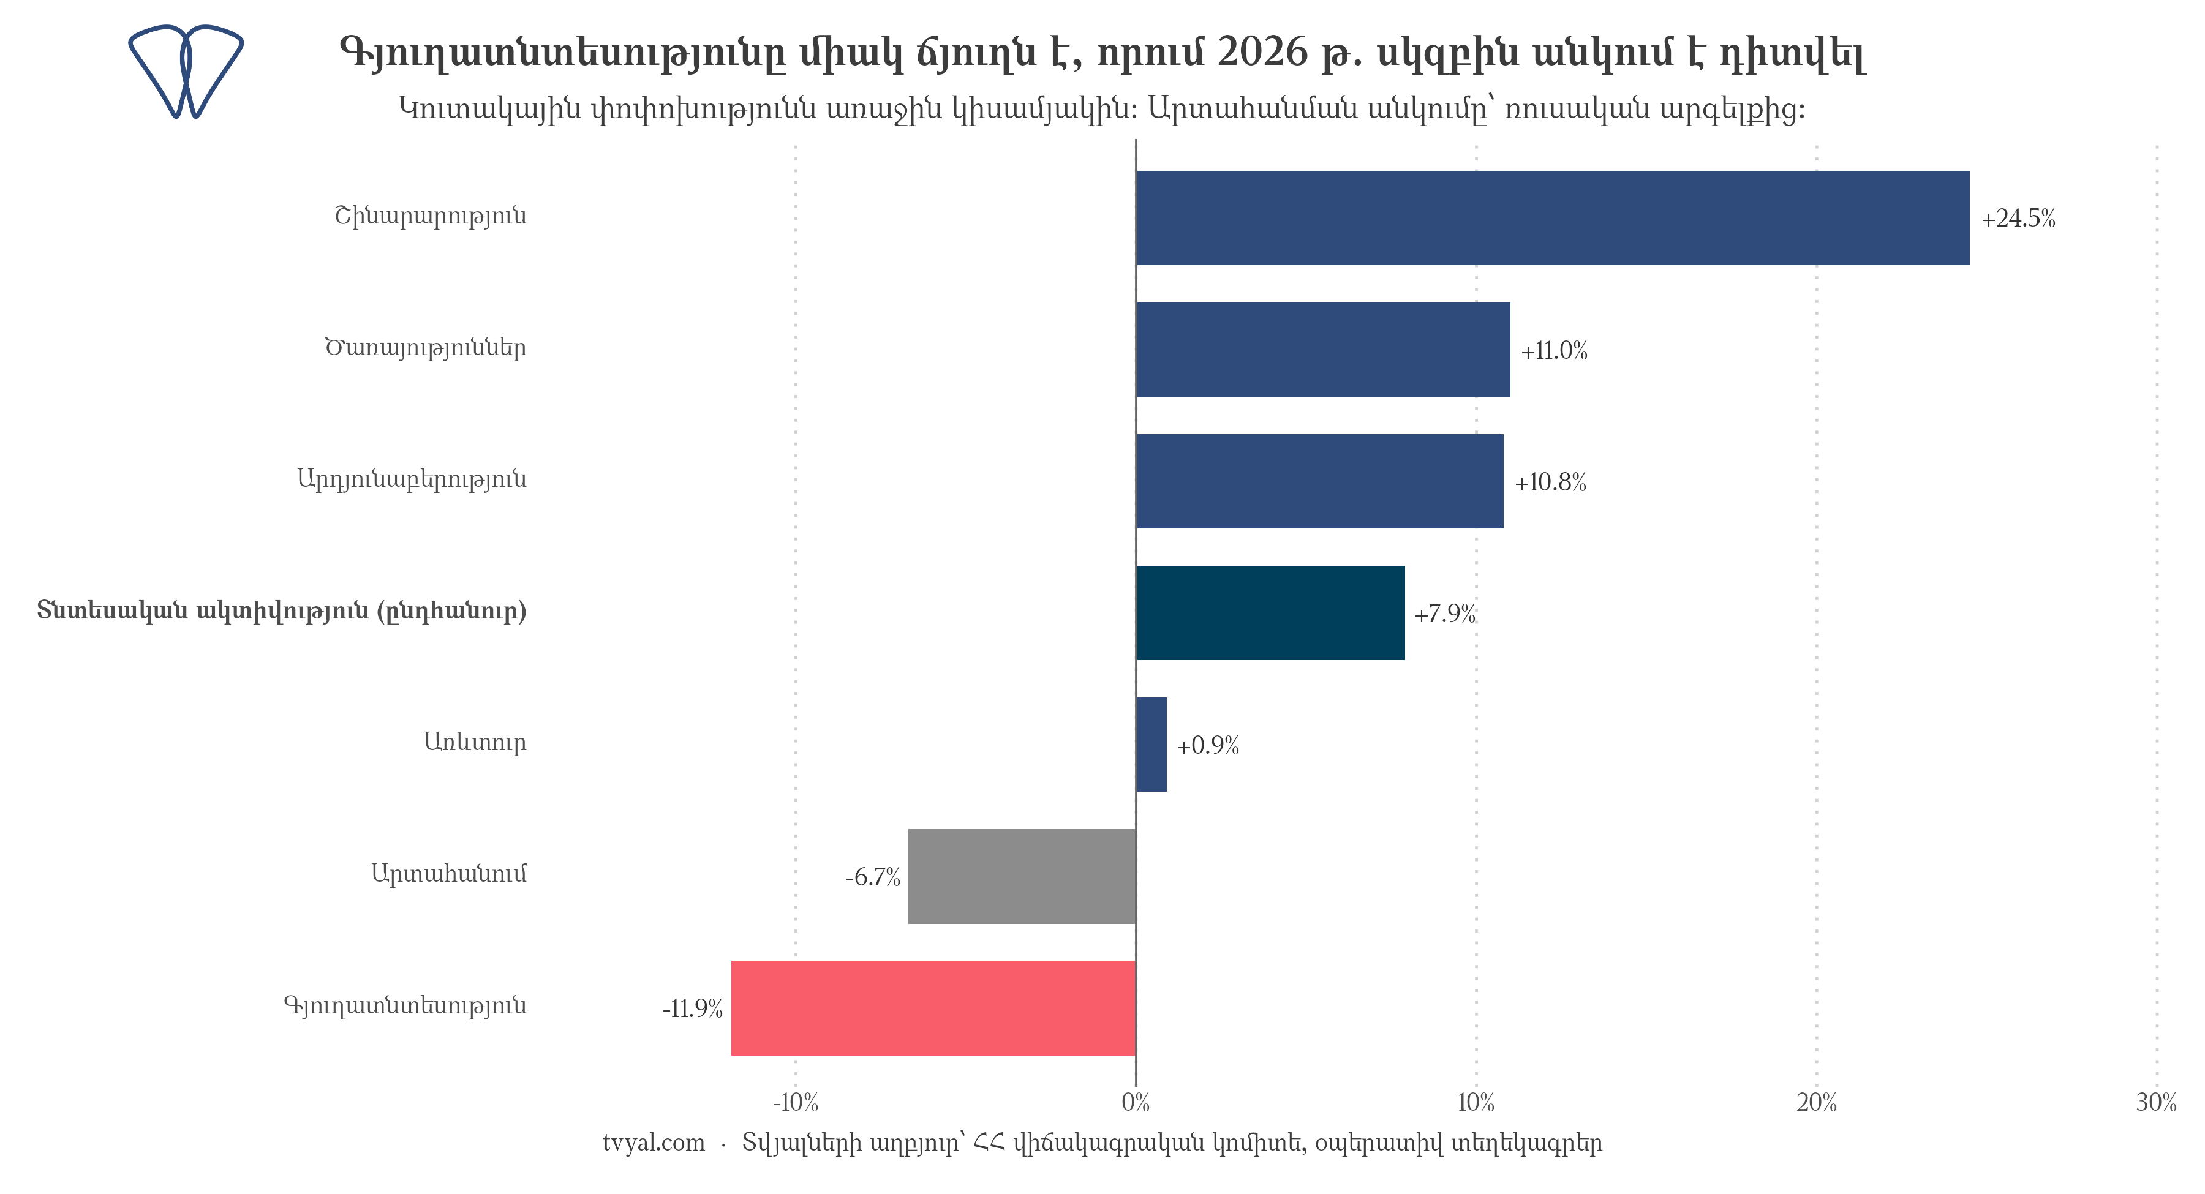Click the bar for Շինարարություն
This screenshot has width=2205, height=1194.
coord(1552,217)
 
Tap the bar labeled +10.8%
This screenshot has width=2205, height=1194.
coord(1319,481)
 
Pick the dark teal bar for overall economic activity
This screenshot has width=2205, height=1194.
coord(1270,613)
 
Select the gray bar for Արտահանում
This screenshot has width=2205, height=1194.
coord(1022,876)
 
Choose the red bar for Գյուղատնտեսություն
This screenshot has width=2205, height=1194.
coord(933,1008)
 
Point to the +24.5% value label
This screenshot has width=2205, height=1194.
coord(2018,219)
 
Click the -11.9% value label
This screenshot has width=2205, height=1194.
coord(693,1009)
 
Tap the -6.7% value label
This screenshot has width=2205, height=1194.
coord(872,877)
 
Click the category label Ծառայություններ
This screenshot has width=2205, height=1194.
coord(426,348)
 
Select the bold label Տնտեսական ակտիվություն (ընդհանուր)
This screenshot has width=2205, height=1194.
coord(282,611)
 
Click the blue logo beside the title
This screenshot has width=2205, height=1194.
coord(186,71)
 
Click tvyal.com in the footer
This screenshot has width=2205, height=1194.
coord(653,1144)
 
